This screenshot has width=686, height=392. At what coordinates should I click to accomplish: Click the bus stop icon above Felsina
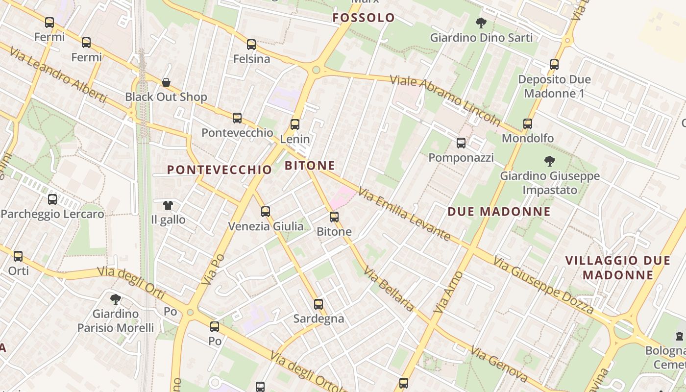[251, 45]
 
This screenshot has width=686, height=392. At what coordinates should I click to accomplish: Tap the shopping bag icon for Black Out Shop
[166, 82]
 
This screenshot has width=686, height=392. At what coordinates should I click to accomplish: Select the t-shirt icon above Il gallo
[168, 205]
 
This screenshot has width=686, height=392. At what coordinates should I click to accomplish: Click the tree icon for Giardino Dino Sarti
[481, 23]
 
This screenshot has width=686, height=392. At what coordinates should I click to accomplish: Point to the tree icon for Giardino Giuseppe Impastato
[550, 161]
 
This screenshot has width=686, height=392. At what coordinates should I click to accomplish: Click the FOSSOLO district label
[364, 18]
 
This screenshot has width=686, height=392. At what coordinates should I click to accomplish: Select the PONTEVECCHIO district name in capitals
[220, 170]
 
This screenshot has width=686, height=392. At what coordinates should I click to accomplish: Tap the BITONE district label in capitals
[310, 166]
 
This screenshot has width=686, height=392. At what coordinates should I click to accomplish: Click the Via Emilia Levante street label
[404, 214]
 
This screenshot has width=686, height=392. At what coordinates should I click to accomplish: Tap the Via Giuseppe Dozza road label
[543, 286]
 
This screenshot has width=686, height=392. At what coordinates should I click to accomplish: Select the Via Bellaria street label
[389, 290]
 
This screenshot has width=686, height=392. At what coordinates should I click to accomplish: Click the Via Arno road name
[448, 292]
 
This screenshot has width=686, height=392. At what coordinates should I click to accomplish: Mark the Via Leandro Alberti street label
[57, 78]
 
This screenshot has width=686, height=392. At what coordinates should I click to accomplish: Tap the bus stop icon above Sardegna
[318, 304]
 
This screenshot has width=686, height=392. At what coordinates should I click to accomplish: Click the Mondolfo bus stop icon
[528, 124]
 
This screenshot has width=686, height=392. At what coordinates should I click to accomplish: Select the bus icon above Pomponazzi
[461, 143]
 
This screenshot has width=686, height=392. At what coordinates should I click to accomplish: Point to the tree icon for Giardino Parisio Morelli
[116, 299]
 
